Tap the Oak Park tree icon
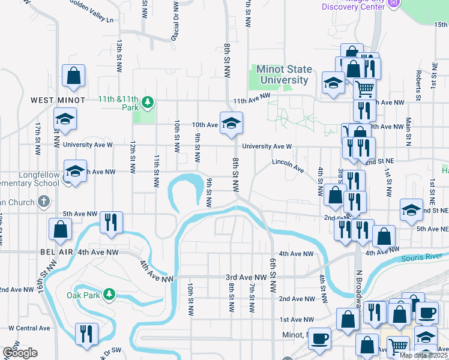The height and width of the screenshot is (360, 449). tap(109, 294)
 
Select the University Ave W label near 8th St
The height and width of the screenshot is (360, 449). tap(267, 146)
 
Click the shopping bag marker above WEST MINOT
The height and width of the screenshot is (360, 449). tap(74, 76)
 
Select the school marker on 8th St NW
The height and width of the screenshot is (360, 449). tap(231, 123)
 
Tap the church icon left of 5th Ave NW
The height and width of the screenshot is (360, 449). tap(43, 202)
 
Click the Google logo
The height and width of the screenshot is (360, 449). tap(20, 353)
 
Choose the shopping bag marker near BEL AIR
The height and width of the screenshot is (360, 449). tap(61, 229)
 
